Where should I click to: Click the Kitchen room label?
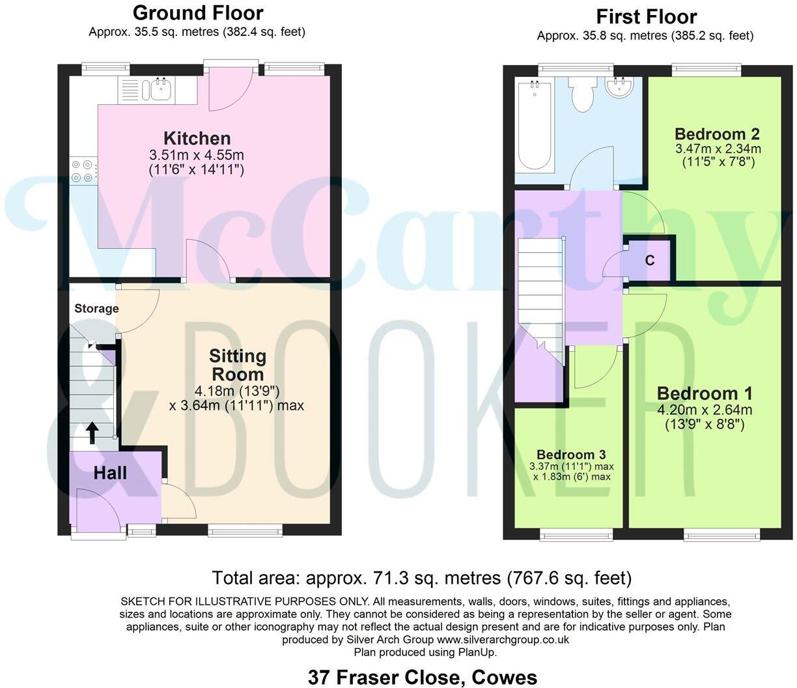197,138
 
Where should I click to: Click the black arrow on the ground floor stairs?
92,432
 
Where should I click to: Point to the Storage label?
96,308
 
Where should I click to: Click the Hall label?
110,473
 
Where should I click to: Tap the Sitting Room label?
238,365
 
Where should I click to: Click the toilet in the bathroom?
581,95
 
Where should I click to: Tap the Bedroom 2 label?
717,134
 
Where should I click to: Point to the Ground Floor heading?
198,12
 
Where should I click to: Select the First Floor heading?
646,16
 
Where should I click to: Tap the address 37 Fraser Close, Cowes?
423,677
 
